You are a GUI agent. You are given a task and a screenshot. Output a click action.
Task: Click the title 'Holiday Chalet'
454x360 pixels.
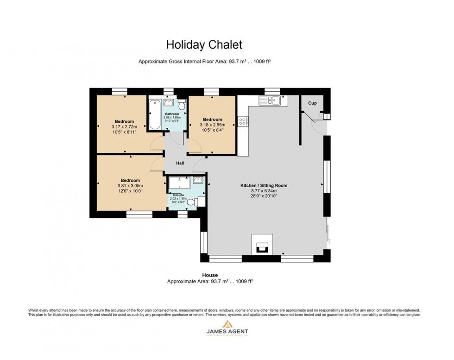pyautogui.click(x=204, y=45)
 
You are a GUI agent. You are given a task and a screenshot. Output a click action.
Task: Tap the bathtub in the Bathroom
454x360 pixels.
pyautogui.click(x=154, y=114)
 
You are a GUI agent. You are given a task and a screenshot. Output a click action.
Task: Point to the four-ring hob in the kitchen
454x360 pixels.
pyautogui.click(x=242, y=121)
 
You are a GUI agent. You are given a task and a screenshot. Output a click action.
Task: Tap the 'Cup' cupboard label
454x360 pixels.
pyautogui.click(x=313, y=103)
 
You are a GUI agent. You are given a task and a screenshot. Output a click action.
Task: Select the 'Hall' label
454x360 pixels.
pyautogui.click(x=180, y=163)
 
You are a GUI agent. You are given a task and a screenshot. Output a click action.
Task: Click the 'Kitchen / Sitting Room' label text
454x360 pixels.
pyautogui.click(x=264, y=185)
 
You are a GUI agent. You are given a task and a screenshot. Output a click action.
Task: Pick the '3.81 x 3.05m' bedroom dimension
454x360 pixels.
pyautogui.click(x=130, y=186)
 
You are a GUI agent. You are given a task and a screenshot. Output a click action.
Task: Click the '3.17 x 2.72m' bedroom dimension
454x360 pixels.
pyautogui.click(x=124, y=126)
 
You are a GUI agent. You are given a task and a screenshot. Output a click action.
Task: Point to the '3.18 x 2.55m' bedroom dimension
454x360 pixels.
pyautogui.click(x=212, y=125)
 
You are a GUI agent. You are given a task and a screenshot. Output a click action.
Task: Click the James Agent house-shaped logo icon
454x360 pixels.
pyautogui.click(x=227, y=324)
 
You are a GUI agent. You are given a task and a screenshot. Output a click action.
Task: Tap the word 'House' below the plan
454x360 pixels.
pyautogui.click(x=209, y=275)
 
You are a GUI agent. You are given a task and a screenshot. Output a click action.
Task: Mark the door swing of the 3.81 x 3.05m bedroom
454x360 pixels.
pyautogui.click(x=157, y=163)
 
